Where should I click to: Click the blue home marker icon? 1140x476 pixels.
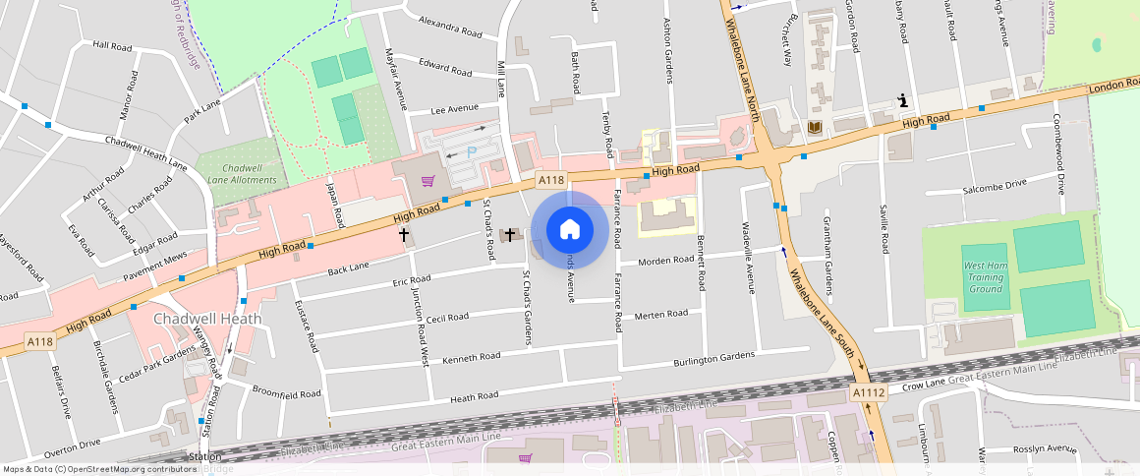pos(569,230)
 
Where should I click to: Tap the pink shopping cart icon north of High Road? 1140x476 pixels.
pos(427,181)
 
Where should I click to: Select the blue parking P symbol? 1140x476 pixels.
pos(471,151)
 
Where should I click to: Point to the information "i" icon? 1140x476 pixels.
pos(901,99)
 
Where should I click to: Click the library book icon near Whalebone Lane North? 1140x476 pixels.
pos(814,128)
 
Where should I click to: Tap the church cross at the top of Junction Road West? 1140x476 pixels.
pos(403,235)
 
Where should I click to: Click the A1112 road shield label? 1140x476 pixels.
pos(869,392)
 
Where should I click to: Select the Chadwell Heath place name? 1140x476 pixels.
pos(207,319)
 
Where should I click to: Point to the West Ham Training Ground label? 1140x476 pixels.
pos(984,277)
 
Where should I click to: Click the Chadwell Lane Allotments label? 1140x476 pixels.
pos(241,174)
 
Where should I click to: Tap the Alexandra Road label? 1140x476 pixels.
pos(449,27)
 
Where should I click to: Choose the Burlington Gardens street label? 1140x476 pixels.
pos(713,358)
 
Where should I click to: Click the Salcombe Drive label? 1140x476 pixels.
pos(995,184)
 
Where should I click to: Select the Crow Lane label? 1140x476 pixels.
pos(924,385)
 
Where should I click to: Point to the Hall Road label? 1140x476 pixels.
pos(112,45)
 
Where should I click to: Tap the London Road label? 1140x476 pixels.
pos(1112,89)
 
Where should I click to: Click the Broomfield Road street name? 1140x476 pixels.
pos(287,392)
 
